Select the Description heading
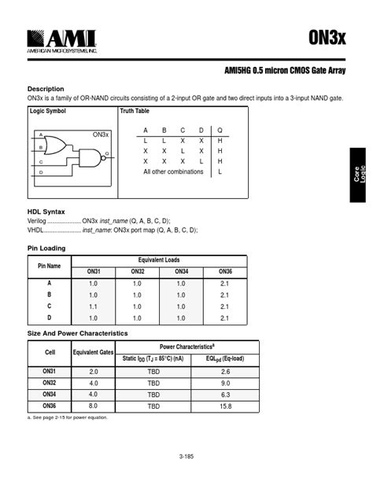(46, 89)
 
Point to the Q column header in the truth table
(220, 130)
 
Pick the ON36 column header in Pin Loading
(224, 271)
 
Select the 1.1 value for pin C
(93, 307)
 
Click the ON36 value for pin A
(224, 283)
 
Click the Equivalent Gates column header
(94, 352)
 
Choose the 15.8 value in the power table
(225, 406)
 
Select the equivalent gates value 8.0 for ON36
(94, 406)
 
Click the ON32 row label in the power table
(50, 382)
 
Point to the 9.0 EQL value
(225, 383)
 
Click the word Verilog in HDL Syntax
(38, 221)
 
